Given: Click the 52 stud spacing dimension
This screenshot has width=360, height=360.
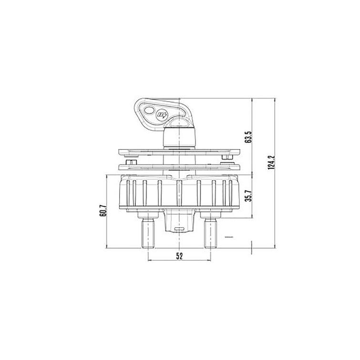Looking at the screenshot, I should [179, 256].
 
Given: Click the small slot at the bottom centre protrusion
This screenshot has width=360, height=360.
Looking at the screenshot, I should [179, 229].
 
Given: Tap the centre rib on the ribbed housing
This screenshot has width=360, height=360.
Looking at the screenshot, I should [179, 193].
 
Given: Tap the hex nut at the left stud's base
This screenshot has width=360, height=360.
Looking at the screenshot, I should [148, 218].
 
